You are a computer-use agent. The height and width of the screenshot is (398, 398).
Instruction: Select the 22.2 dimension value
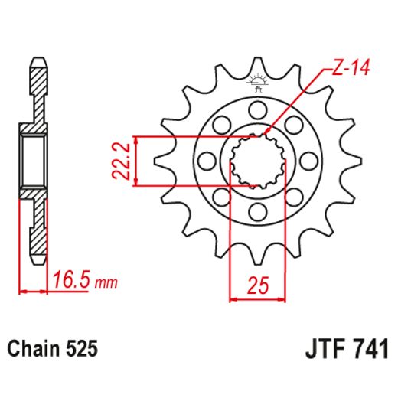click(119, 161)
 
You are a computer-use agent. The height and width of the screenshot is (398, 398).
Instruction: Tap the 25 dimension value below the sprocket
click(257, 286)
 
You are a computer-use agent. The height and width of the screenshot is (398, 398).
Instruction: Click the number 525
click(82, 349)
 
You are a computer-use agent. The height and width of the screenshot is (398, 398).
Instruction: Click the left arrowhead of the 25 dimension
click(233, 299)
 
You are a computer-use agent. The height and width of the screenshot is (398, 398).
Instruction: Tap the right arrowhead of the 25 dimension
click(282, 299)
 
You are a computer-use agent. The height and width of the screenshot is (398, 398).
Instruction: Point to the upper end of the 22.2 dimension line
click(135, 139)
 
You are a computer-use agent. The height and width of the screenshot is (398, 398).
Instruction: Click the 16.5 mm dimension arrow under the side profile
click(34, 290)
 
